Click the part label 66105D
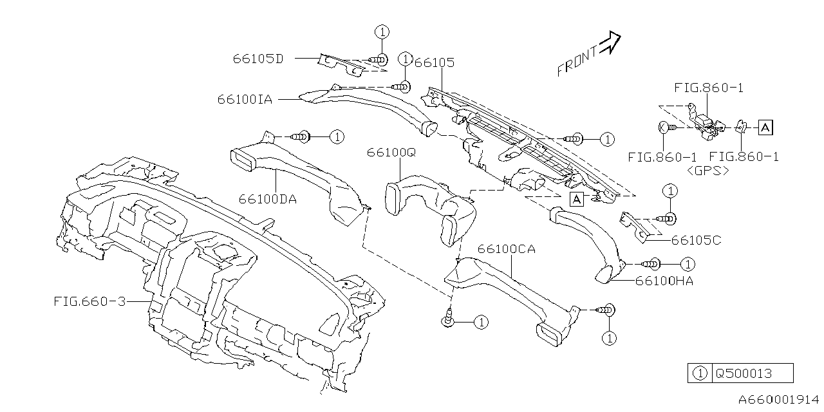[x=257, y=59]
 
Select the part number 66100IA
[x=245, y=99]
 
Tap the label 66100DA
[x=267, y=199]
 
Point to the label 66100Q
[x=392, y=153]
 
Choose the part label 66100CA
[x=507, y=249]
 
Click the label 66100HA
[x=664, y=281]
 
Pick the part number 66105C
[x=696, y=240]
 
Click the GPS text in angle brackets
[x=707, y=171]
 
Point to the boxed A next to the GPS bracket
[x=765, y=127]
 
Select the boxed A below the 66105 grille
[x=577, y=199]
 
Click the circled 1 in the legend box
[x=700, y=373]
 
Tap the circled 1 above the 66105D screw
[x=382, y=32]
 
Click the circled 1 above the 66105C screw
[x=670, y=191]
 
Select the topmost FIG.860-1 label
[x=709, y=88]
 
